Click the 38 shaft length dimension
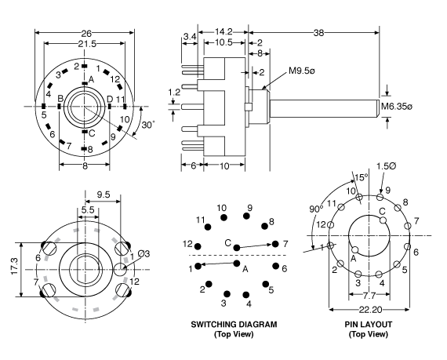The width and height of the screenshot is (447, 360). click(319, 33)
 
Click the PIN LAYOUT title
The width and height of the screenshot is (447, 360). click(368, 324)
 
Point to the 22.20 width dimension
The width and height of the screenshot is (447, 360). click(369, 312)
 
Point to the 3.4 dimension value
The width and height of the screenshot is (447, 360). click(190, 36)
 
